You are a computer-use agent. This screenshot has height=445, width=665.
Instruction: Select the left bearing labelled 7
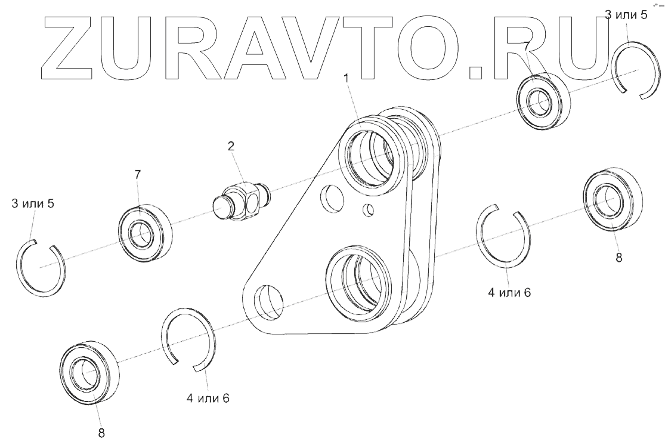(144, 233)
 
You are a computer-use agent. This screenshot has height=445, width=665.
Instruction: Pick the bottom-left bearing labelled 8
(89, 374)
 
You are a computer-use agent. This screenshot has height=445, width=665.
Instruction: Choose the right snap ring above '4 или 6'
(503, 236)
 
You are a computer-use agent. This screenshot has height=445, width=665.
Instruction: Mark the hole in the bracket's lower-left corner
(268, 302)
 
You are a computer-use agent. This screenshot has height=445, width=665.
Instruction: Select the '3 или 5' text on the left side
(33, 205)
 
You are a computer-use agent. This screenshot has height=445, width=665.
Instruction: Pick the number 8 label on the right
(618, 258)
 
